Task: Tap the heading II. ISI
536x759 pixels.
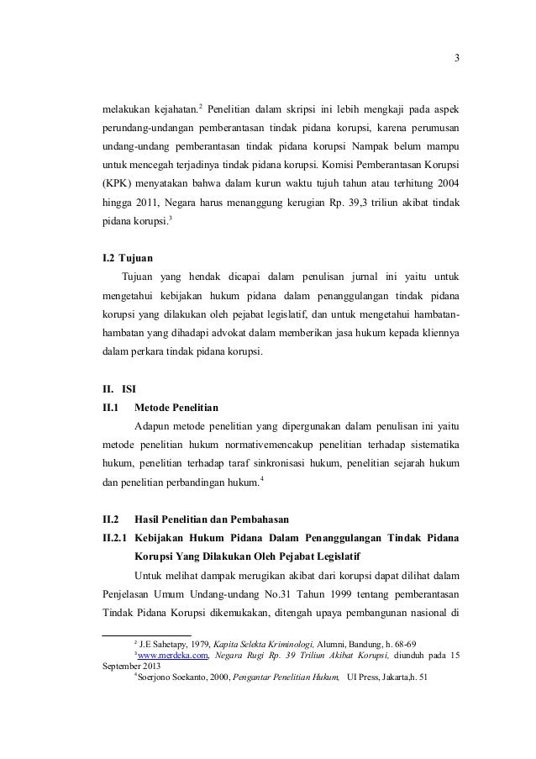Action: click(x=117, y=389)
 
